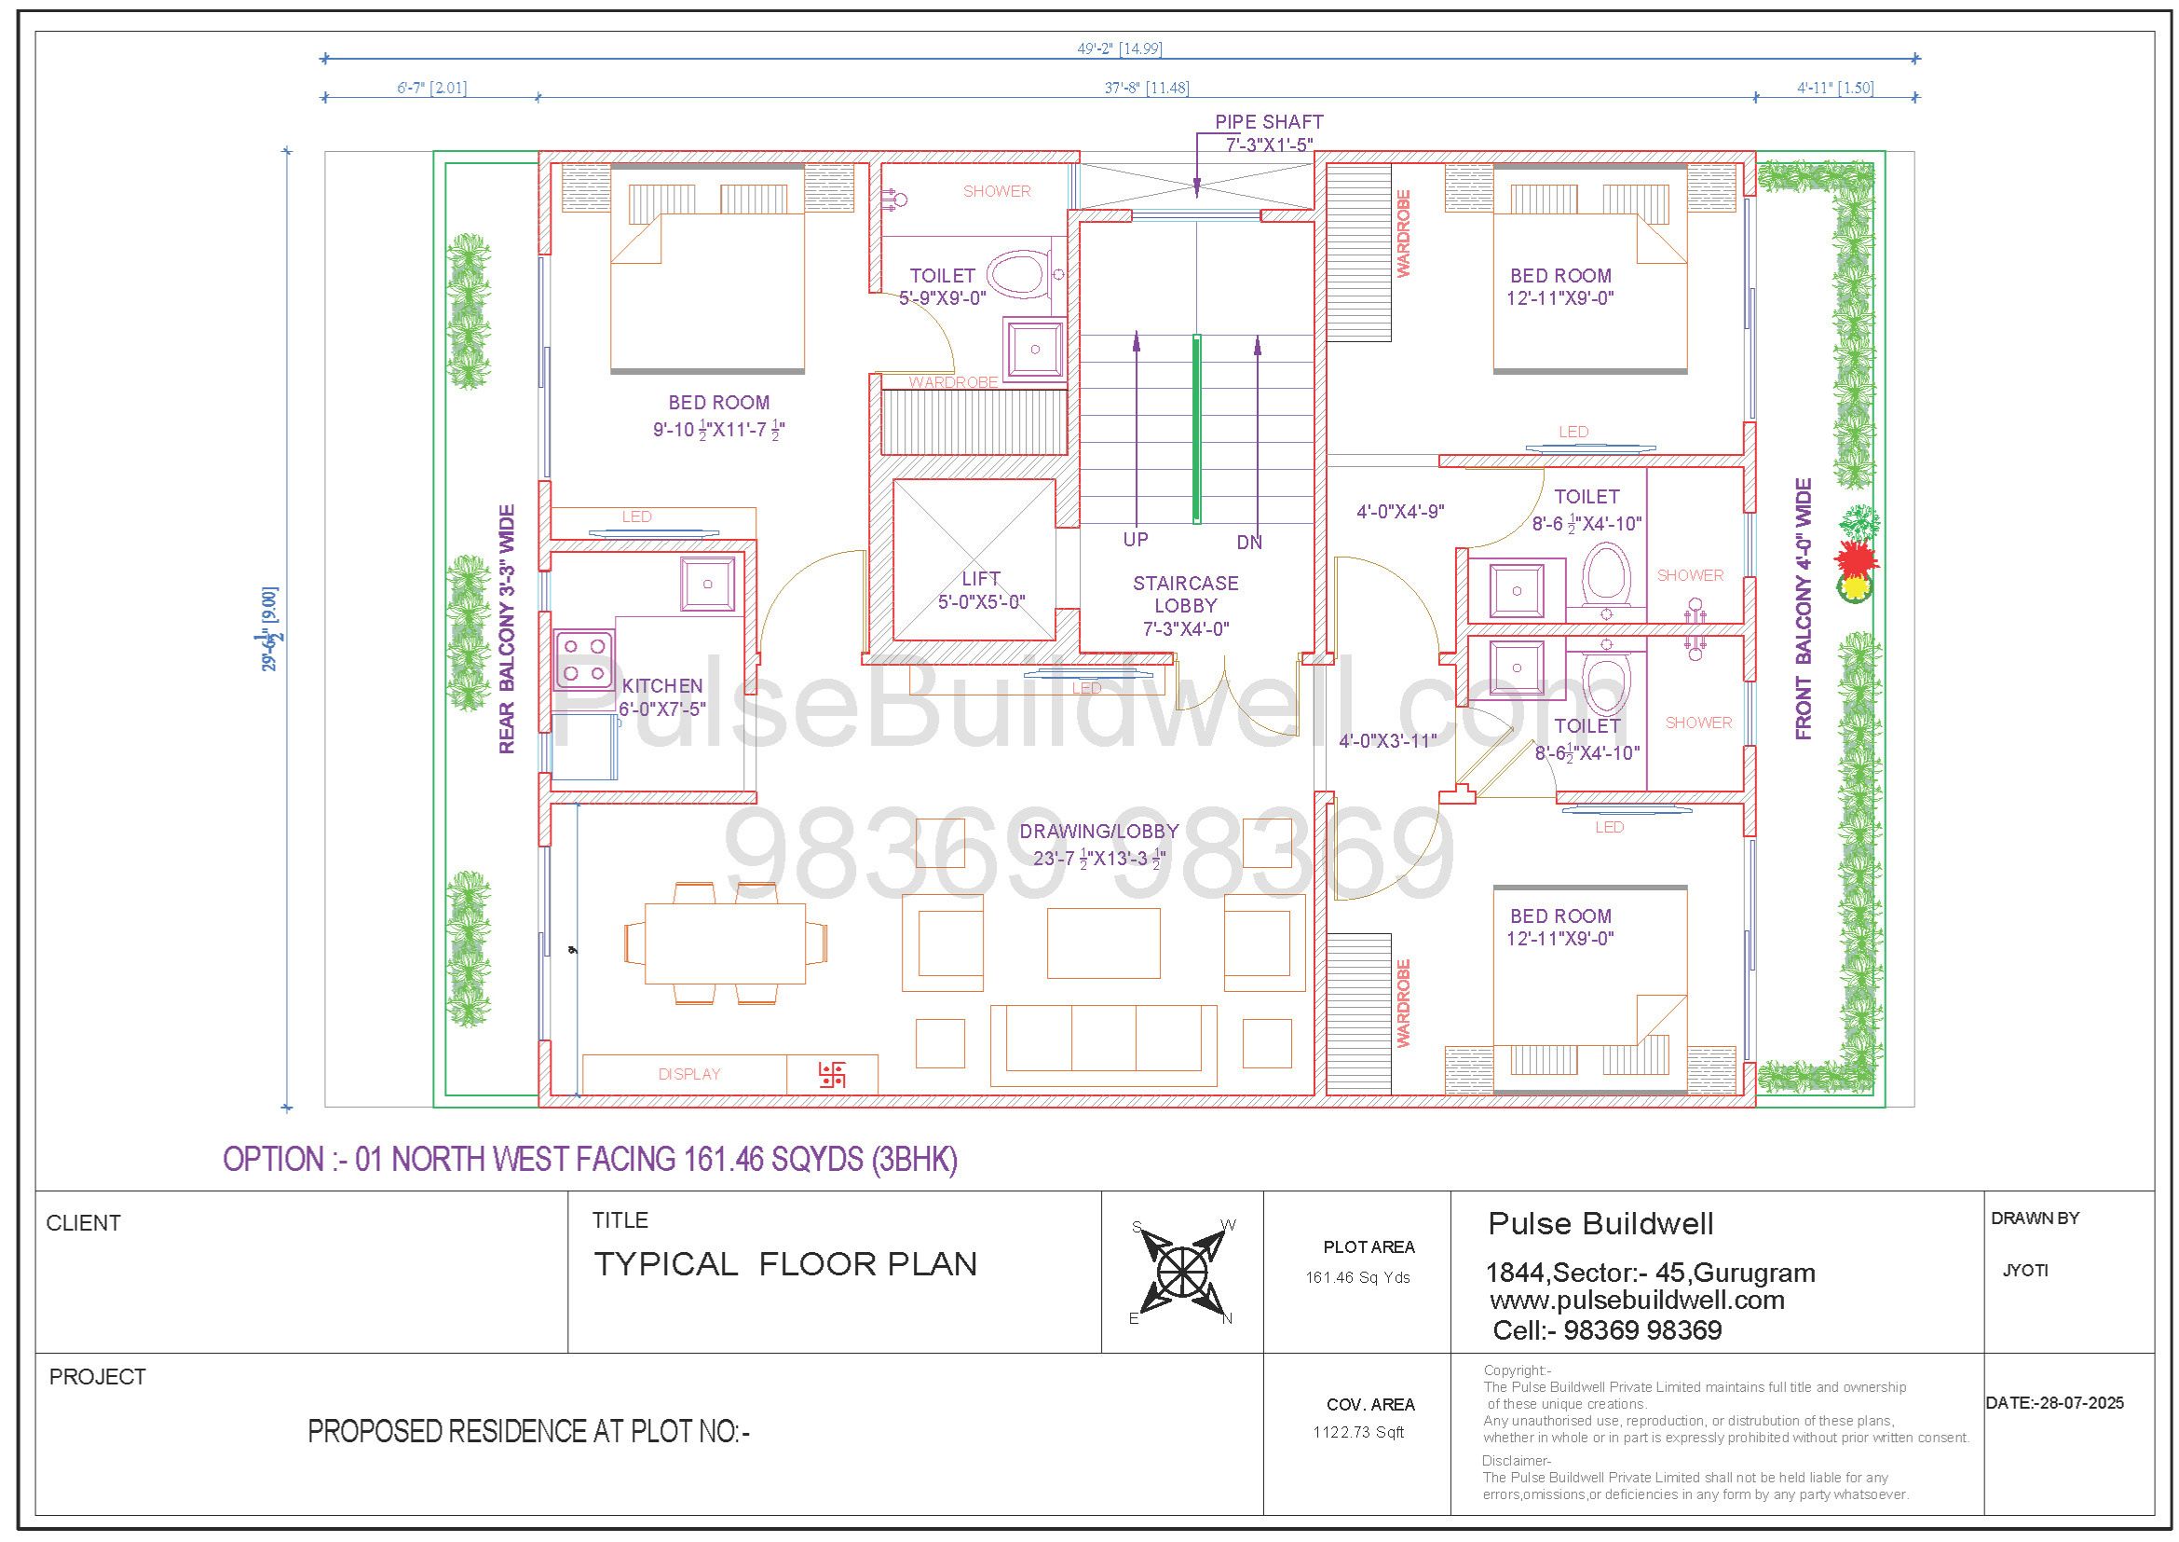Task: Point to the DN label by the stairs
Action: (1250, 543)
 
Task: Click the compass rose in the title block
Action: (1181, 1271)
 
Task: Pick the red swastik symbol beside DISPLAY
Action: (832, 1074)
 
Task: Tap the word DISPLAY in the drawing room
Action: (689, 1074)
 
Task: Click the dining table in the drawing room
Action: (725, 943)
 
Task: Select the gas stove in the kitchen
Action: (582, 659)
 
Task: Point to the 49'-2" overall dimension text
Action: (1119, 48)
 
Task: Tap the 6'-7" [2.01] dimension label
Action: (431, 89)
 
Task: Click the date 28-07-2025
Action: (2055, 1402)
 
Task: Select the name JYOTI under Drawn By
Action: (2025, 1271)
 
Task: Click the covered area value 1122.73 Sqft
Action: (1358, 1432)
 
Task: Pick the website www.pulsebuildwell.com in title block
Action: (1637, 1300)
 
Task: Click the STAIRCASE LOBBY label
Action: (1185, 605)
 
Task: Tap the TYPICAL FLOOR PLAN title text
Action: (784, 1264)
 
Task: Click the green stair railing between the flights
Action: (1197, 428)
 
